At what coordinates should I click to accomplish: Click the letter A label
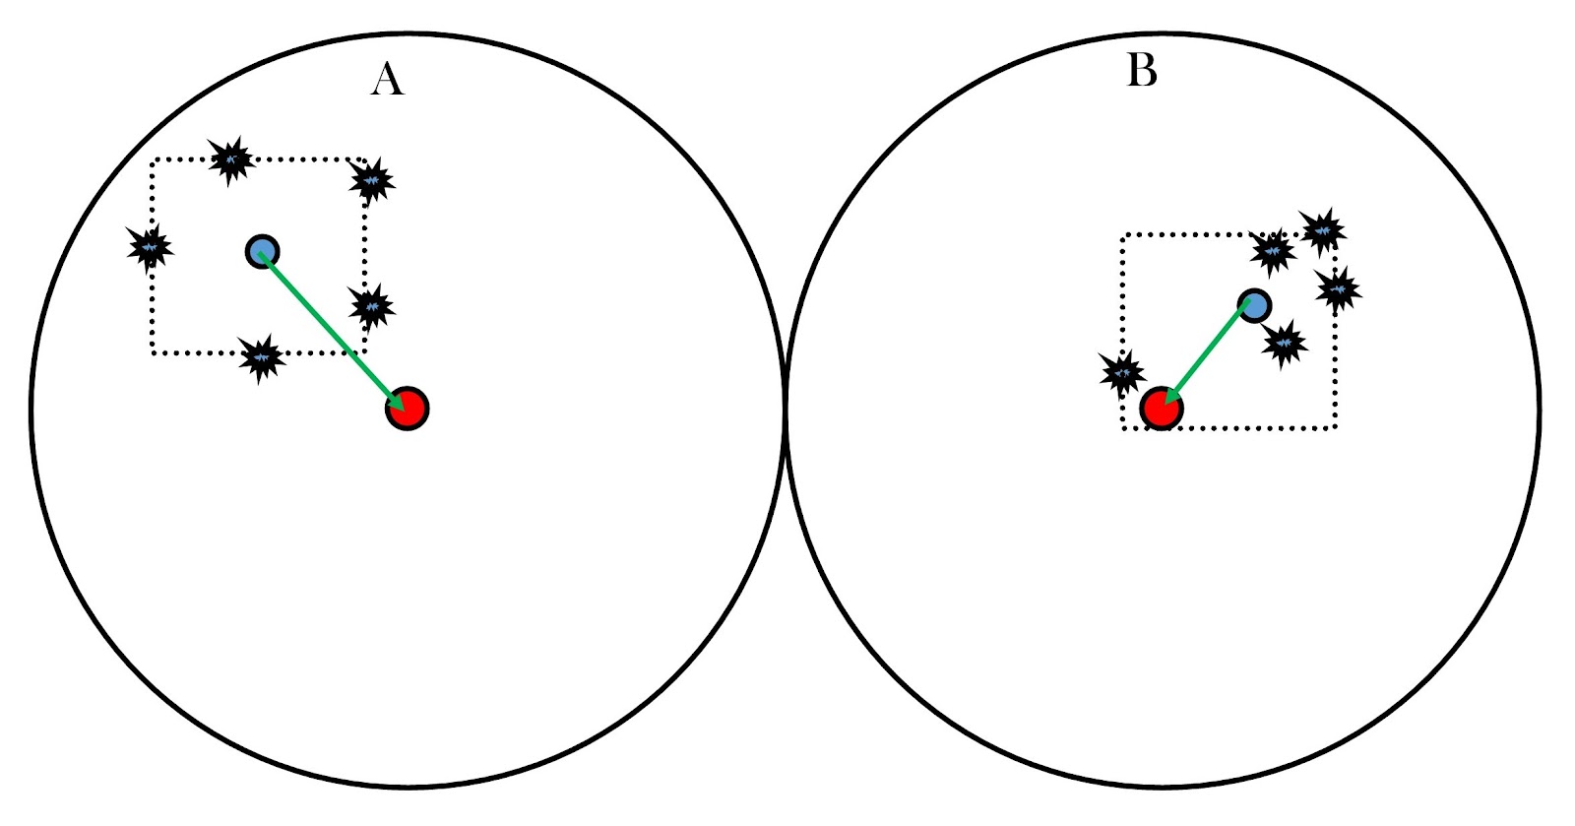click(387, 79)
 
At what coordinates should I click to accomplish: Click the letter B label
click(1142, 71)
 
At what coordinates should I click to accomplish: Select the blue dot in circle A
click(262, 251)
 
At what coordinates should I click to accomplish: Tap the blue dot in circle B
click(1254, 305)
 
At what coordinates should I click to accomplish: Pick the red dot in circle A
click(407, 409)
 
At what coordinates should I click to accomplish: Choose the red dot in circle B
click(1162, 409)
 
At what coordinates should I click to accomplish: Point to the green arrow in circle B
click(1208, 356)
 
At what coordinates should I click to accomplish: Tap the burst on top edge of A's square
click(231, 159)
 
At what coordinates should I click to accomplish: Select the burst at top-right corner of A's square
click(371, 180)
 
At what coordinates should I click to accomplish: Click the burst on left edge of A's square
click(151, 247)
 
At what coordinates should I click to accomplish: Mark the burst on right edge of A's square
click(371, 307)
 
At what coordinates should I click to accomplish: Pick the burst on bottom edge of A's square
click(262, 357)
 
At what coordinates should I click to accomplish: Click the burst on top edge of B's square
click(1273, 252)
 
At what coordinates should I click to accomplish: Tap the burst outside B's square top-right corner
click(1323, 231)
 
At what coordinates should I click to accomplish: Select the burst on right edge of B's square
click(1338, 289)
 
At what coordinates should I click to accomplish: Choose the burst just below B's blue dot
click(1285, 344)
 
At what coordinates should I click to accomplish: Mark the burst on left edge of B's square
click(1122, 373)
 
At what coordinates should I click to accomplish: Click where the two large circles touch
click(786, 411)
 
